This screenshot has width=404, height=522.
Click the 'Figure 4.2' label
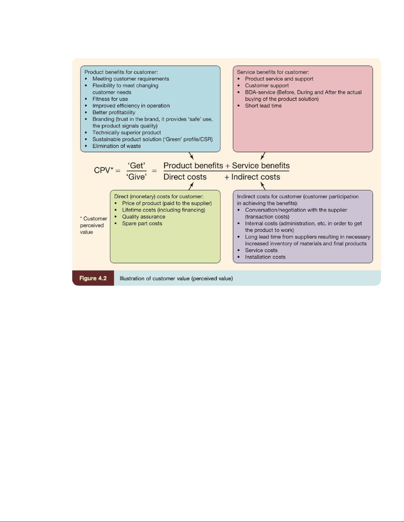point(93,278)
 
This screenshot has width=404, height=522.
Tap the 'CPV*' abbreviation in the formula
point(104,170)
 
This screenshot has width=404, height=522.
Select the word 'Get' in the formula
point(137,165)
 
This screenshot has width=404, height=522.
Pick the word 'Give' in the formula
point(137,177)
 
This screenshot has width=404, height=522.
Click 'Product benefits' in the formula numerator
point(193,166)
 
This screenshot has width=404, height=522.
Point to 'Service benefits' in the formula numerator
point(261,166)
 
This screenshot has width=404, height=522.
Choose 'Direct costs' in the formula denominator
point(185,177)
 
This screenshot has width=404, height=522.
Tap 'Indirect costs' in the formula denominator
point(256,177)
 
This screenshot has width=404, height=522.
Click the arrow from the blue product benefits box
point(191,156)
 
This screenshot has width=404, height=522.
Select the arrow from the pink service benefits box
point(263,156)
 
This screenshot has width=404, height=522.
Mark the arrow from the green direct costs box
point(191,186)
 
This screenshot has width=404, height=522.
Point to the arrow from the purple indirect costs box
point(263,186)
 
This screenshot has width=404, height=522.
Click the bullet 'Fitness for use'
point(110,99)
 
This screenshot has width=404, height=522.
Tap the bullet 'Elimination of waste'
point(116,146)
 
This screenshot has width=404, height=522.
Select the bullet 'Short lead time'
point(263,106)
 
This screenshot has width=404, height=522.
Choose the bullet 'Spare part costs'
point(142,223)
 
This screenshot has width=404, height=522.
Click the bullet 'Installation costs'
point(265,257)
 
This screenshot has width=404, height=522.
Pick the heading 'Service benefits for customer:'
point(273,72)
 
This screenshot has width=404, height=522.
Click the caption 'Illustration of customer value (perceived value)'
point(176,278)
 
